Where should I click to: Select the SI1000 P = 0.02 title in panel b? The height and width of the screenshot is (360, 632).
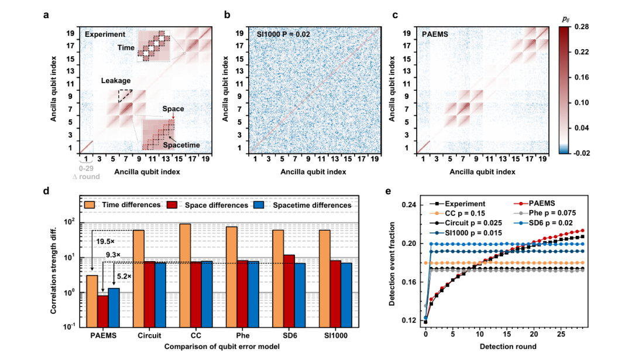click(284, 35)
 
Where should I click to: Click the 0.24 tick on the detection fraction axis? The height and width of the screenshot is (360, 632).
click(410, 205)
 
